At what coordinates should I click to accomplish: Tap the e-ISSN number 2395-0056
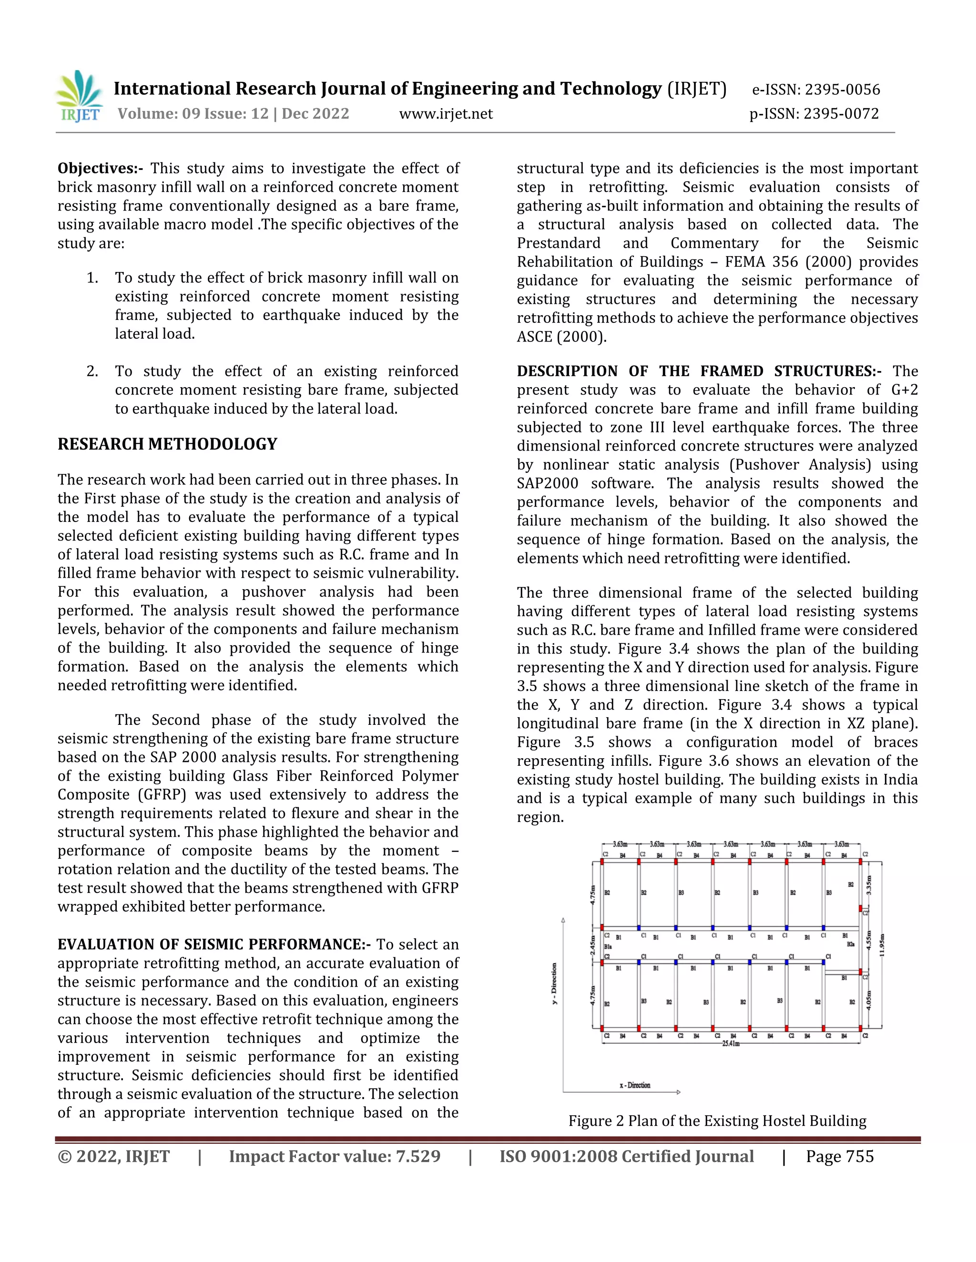point(843,90)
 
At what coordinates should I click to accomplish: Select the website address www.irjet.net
point(446,114)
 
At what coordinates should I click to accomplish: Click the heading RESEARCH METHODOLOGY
point(167,444)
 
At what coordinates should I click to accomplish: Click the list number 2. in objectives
point(92,371)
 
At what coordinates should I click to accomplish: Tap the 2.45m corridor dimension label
point(593,946)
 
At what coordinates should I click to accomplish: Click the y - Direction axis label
point(554,983)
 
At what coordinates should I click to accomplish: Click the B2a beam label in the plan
point(851,943)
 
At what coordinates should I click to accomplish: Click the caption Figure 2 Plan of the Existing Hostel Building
point(717,1121)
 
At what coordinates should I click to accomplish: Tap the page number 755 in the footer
point(859,1156)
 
